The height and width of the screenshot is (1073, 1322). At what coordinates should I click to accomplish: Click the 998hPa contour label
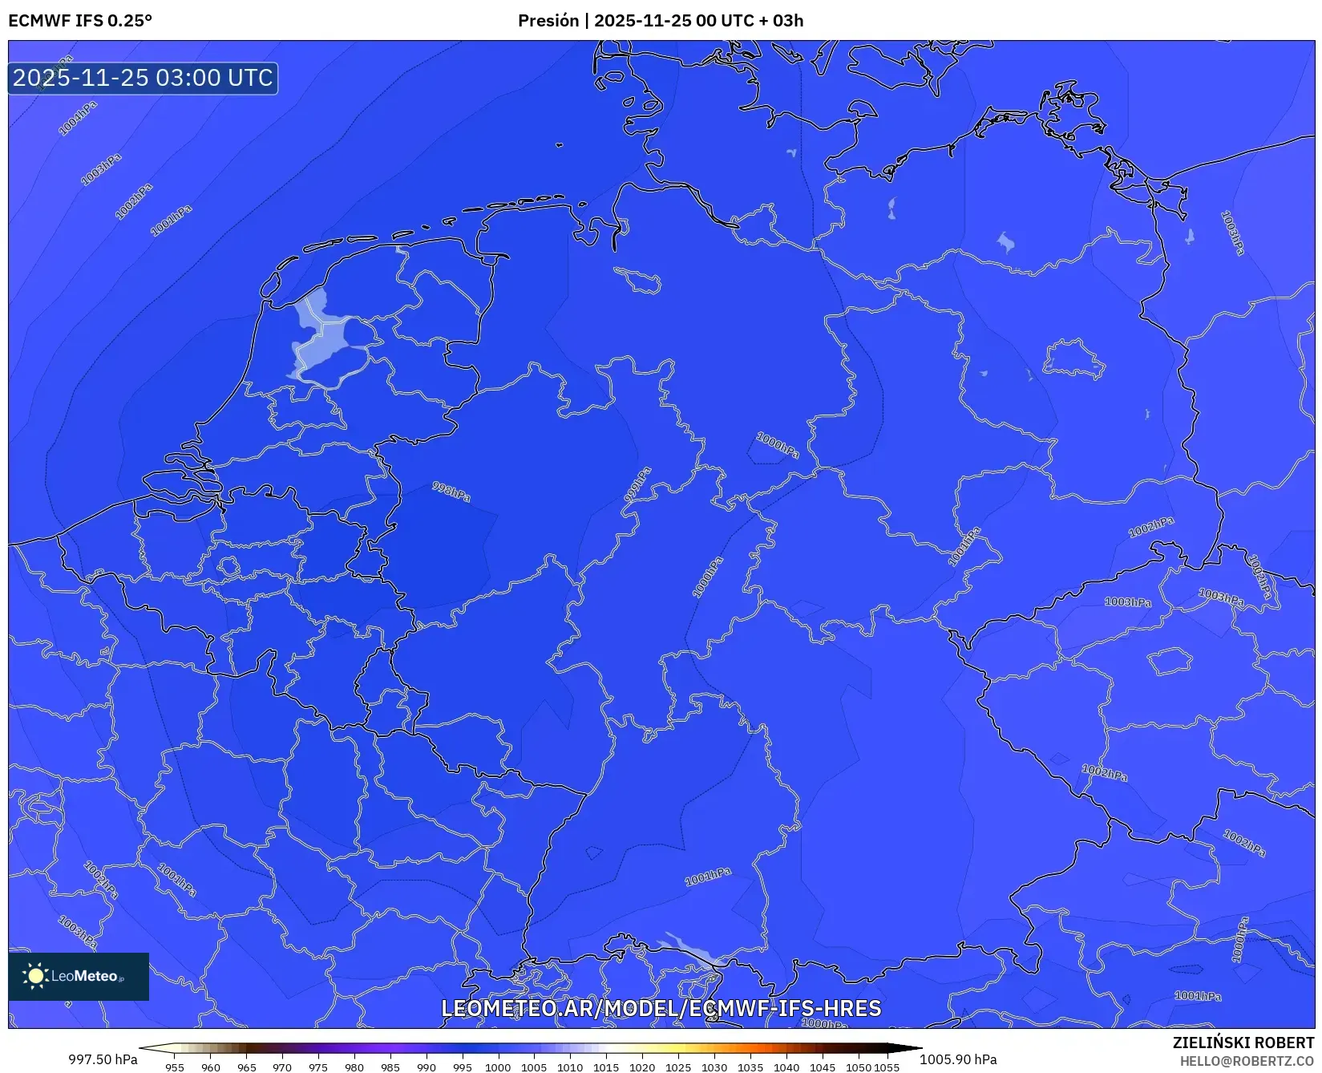pos(451,492)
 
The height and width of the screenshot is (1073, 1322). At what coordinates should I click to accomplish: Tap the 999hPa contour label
pos(637,484)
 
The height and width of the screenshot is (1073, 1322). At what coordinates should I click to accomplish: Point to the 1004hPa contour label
pos(78,118)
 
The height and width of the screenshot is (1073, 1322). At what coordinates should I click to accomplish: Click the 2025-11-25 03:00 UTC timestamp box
pos(143,78)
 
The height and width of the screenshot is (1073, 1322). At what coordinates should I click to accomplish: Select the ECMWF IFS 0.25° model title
pos(80,21)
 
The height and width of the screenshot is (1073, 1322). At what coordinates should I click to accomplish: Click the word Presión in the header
pos(548,21)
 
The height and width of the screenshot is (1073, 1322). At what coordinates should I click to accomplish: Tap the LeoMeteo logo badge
pos(79,976)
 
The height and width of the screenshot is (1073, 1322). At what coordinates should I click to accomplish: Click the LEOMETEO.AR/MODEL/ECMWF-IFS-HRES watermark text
pos(661,1008)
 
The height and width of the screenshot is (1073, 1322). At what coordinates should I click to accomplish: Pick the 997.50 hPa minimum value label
pos(103,1059)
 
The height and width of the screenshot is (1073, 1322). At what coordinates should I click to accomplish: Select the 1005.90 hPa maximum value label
pos(958,1059)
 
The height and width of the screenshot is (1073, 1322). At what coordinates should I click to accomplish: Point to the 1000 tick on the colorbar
pos(498,1067)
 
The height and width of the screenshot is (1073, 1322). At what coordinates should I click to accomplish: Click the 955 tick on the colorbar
pos(175,1067)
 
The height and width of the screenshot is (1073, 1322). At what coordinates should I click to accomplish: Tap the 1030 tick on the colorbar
pos(714,1067)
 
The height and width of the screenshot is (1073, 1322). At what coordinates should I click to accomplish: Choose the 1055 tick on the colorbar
pos(887,1067)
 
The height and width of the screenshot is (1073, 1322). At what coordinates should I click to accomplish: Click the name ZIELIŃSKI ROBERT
pos(1243,1043)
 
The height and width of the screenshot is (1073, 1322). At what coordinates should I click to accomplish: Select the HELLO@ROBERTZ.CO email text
pos(1247,1061)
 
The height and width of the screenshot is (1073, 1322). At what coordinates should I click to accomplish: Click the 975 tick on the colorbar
pos(318,1067)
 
